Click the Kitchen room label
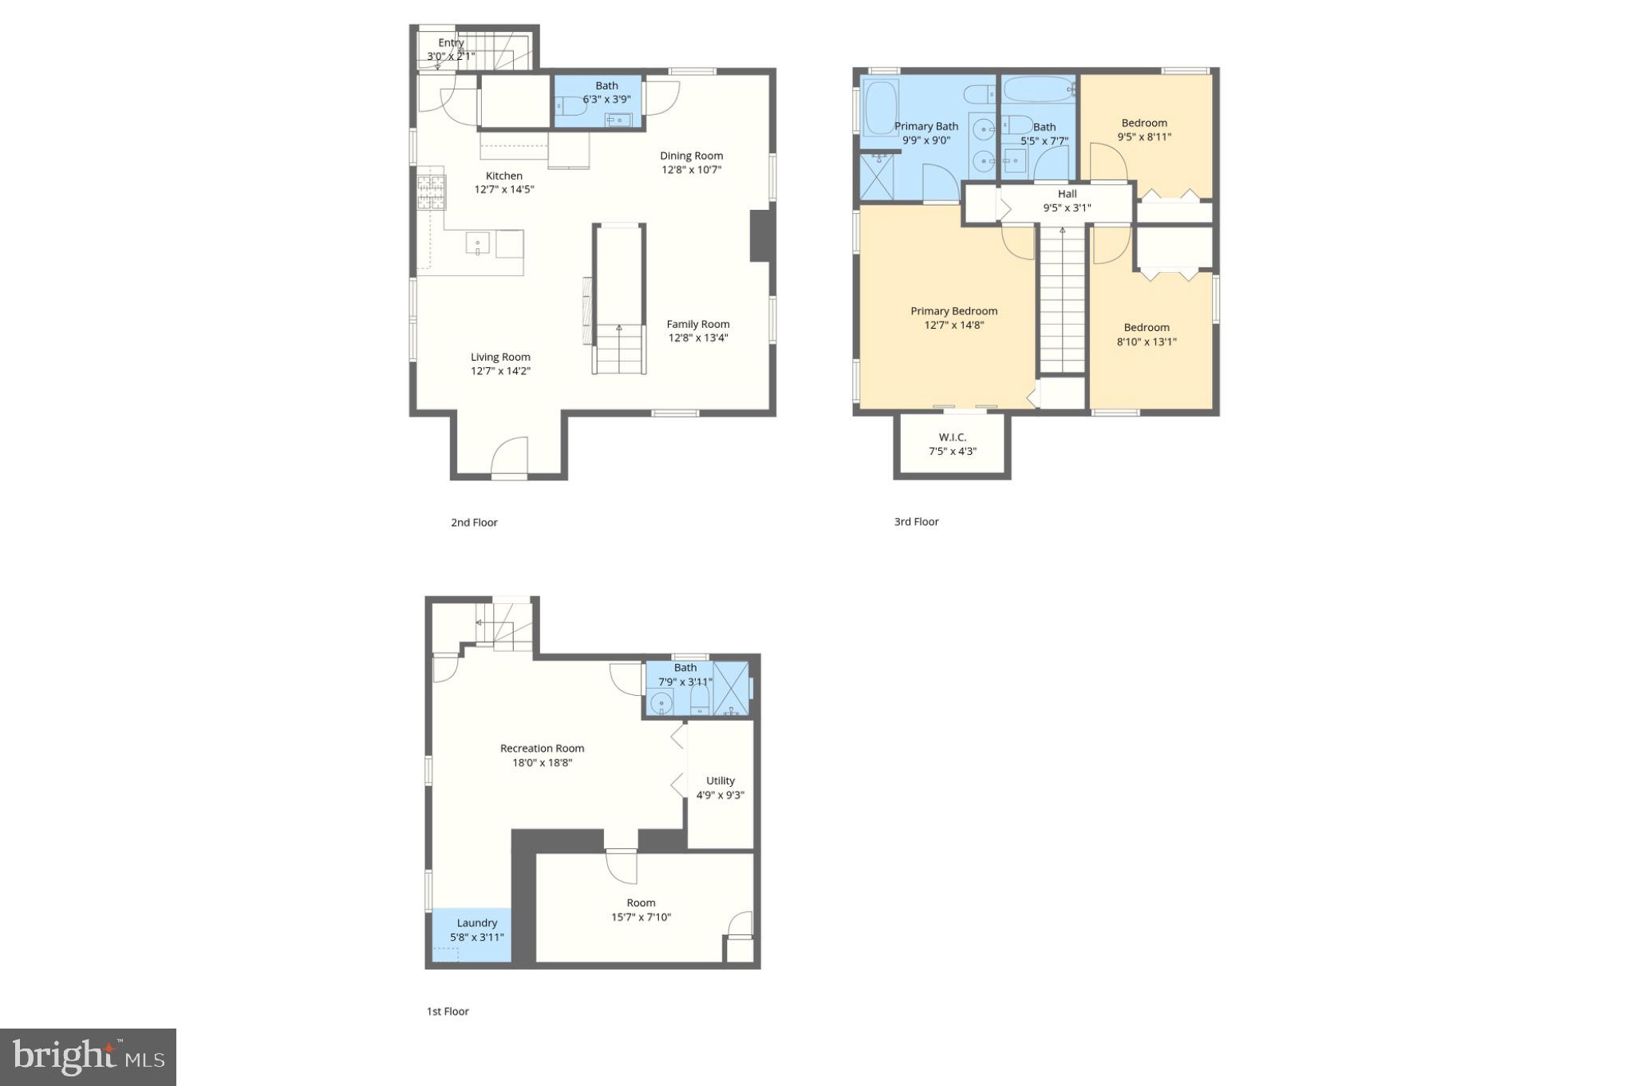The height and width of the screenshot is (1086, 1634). coord(503,176)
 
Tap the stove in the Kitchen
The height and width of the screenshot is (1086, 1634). coord(431,192)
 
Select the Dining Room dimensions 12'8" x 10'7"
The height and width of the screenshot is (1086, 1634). coord(691,170)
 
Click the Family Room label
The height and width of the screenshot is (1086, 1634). coord(698,324)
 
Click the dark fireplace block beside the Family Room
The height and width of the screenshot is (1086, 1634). coord(760,235)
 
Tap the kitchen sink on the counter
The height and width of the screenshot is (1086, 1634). coord(478,243)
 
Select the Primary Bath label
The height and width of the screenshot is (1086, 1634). coord(926,126)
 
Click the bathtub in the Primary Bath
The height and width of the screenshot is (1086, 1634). coord(881,107)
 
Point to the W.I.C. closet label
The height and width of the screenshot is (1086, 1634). coord(952,437)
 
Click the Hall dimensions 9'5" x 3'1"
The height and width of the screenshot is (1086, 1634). coord(1067,208)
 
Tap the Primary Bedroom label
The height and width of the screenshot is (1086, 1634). coord(953,311)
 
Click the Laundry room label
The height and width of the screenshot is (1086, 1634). coord(476,923)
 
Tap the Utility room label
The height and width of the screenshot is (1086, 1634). coord(720,780)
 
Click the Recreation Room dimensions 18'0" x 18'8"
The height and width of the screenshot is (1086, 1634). coord(542,763)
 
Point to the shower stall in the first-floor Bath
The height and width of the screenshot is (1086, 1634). coord(731,689)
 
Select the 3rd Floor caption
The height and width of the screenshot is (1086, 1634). coord(916,522)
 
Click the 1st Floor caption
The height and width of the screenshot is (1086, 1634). coord(448,1011)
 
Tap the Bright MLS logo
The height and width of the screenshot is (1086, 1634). coord(88,1057)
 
